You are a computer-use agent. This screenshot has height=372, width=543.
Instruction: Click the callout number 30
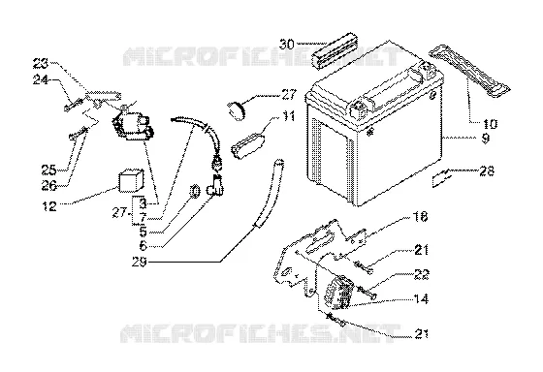click(287, 45)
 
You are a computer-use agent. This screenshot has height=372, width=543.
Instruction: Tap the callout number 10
click(489, 124)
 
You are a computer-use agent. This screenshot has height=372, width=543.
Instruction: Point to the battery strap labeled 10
click(470, 72)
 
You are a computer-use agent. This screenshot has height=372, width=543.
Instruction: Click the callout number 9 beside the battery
click(486, 139)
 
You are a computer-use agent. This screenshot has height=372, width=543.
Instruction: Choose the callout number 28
click(487, 170)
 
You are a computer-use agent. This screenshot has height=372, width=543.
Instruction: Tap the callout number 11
click(288, 116)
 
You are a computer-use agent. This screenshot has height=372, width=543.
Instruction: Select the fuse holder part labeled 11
click(248, 146)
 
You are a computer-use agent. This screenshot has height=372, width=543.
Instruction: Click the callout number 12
click(49, 206)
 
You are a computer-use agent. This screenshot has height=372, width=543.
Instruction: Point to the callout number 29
click(140, 262)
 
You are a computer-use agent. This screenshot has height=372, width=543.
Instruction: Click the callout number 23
click(41, 64)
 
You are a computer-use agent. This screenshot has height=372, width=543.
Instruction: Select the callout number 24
click(41, 80)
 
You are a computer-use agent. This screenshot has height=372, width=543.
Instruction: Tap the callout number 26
click(49, 185)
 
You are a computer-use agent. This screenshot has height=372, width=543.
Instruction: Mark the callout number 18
click(421, 217)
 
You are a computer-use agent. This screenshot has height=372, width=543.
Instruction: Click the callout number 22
click(422, 274)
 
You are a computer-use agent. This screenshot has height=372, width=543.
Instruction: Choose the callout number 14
click(421, 298)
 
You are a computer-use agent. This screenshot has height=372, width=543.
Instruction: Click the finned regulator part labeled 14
click(338, 292)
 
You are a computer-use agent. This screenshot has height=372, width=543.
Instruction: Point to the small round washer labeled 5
click(195, 191)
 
